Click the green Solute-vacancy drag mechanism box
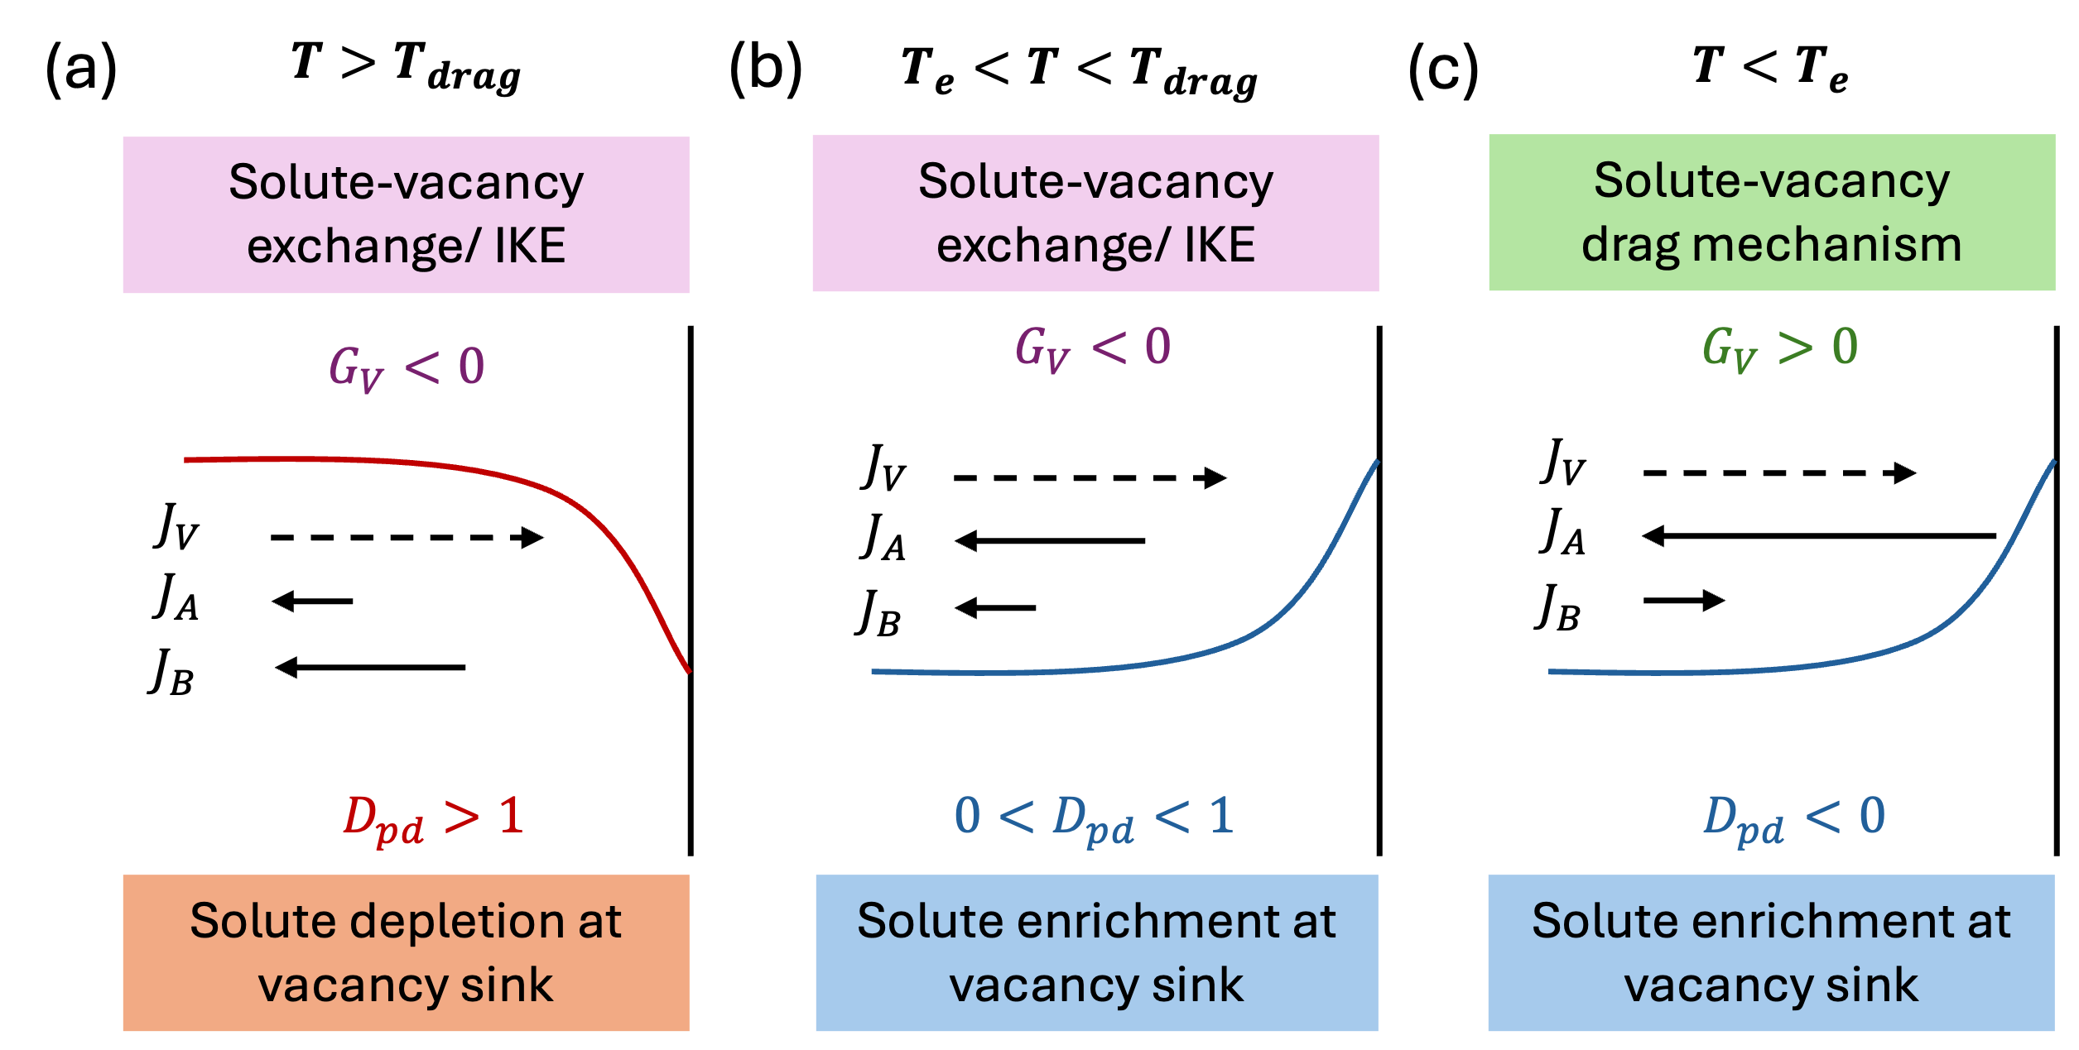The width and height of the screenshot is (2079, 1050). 1771,213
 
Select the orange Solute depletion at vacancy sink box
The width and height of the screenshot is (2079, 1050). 406,952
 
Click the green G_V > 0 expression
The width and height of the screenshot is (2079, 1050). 1780,348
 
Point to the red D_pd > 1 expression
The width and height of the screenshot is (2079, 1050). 433,818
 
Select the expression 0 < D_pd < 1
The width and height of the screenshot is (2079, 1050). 1094,818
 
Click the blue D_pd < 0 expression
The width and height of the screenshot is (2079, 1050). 1793,818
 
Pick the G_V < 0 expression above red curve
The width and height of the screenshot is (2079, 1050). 406,367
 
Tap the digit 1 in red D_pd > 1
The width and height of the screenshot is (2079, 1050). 512,815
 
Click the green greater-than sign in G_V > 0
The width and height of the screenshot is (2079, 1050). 1795,348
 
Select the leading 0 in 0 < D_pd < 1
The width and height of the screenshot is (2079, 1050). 967,815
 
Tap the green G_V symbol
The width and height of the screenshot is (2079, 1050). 1729,349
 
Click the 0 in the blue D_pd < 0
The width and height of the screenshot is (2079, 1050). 1872,815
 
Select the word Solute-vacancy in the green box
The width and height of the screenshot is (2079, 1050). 1771,181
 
